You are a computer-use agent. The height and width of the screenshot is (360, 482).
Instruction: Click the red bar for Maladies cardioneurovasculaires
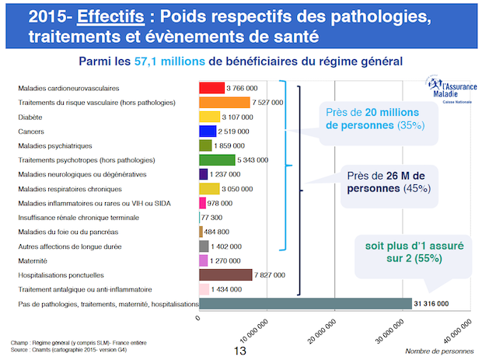[211, 88]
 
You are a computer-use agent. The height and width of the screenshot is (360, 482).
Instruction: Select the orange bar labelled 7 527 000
[224, 102]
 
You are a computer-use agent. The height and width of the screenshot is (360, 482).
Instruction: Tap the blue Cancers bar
[208, 131]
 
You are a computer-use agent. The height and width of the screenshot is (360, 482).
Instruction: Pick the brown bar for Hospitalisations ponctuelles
[225, 274]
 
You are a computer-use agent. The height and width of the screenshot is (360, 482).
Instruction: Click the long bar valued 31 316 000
[306, 303]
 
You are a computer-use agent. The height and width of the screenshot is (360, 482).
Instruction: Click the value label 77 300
[211, 218]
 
